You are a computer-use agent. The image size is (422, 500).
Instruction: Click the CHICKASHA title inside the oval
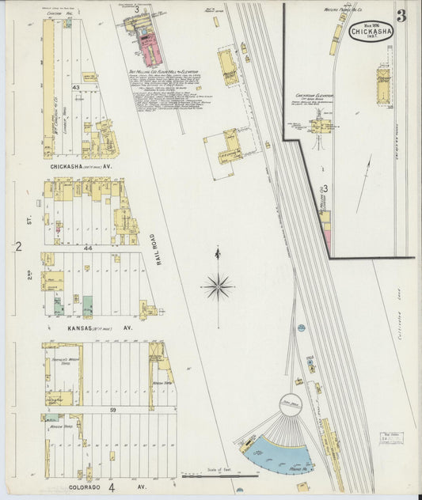[369, 33]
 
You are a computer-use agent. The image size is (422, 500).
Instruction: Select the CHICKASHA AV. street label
[80, 167]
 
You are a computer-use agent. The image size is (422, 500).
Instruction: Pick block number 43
[76, 86]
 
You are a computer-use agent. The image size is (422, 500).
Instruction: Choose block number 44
[89, 248]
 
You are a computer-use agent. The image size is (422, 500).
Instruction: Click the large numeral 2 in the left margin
[17, 248]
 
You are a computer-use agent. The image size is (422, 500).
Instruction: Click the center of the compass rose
[218, 285]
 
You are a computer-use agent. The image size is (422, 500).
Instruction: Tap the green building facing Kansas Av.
[87, 305]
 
